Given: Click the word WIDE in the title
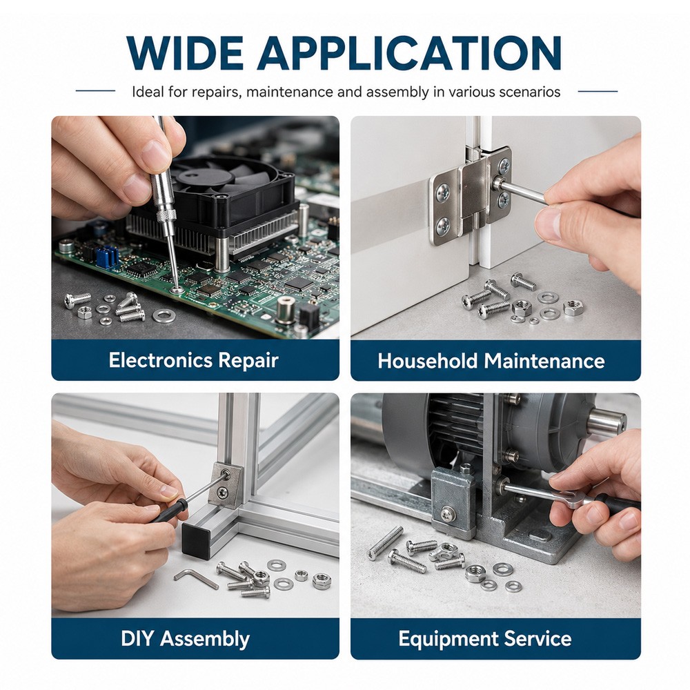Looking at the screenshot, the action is click(184, 53).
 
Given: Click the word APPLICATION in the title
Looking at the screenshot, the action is click(409, 53).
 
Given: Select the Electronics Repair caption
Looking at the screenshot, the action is click(194, 360).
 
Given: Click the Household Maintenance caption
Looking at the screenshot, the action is click(491, 361).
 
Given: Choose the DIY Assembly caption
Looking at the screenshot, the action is click(185, 638).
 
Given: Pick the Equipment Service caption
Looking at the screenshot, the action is click(484, 638).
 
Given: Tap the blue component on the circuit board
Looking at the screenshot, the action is click(108, 257).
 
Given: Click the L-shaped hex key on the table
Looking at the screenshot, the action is click(196, 578).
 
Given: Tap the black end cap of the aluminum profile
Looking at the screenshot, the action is click(196, 540).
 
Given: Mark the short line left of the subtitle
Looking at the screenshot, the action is click(95, 91).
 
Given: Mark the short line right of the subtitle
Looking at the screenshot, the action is click(598, 91).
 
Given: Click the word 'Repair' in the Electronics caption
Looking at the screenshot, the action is click(248, 361).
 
